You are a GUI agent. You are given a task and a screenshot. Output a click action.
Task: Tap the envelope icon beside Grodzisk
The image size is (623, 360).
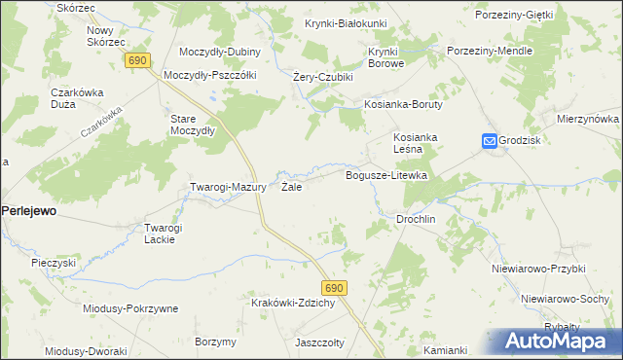coord(489,141)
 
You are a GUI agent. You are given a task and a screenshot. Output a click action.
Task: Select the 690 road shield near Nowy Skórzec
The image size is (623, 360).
coord(137,60)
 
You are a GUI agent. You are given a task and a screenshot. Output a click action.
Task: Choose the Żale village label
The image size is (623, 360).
coord(291,187)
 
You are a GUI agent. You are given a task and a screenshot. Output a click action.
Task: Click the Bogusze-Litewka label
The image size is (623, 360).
coord(387,175)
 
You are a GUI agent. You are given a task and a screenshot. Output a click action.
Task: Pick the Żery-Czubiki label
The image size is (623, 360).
coord(322,77)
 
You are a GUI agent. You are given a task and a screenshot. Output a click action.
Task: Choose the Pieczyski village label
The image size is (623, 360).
coord(54,263)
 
